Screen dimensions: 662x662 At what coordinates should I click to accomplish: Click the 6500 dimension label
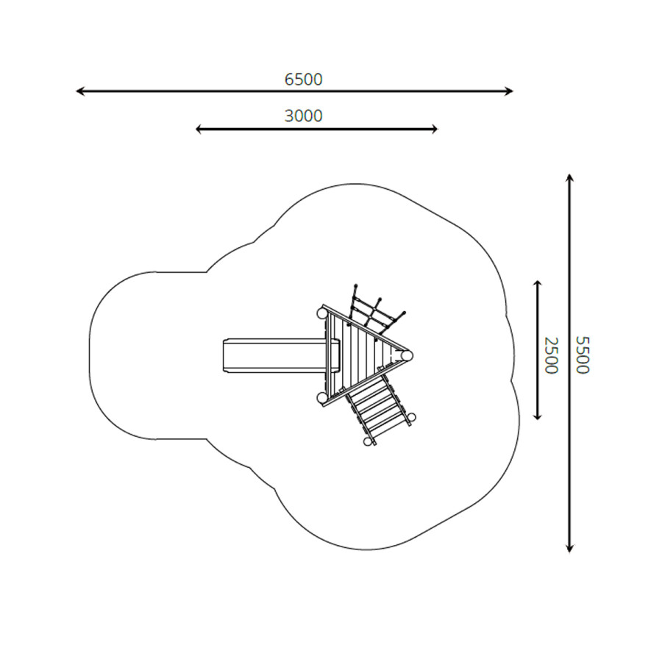[303, 79]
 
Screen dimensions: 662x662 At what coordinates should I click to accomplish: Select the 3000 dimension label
[303, 115]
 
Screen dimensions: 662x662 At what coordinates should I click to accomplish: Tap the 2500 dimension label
[551, 355]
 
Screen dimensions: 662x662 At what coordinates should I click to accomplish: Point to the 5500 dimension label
[583, 355]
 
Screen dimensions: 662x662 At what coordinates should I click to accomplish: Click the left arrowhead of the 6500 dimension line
[79, 90]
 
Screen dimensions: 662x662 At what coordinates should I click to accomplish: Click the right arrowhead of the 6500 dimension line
[509, 90]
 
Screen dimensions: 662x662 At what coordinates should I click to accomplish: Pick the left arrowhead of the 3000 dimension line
[199, 129]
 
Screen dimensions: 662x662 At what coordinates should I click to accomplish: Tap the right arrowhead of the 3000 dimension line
[434, 129]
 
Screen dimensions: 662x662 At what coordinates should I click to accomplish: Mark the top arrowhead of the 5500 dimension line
[569, 178]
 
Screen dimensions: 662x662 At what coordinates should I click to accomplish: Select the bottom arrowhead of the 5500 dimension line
[569, 548]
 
